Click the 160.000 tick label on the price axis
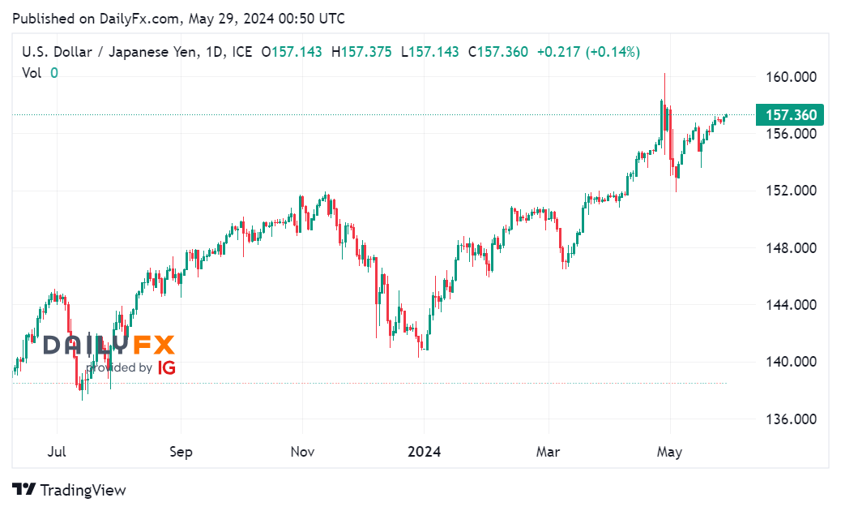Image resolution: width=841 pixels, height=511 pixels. coord(791,77)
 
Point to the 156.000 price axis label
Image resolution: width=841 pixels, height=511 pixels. coord(791,134)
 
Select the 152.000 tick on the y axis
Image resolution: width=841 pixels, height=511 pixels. coord(791,191)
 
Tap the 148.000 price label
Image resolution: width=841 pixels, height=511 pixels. coord(791,248)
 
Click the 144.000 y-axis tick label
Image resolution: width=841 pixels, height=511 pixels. coord(791,305)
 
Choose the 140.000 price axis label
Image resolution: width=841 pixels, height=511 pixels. coord(791,362)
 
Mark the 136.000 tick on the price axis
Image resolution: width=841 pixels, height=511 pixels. coord(791,419)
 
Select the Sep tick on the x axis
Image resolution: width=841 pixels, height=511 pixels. coord(181,452)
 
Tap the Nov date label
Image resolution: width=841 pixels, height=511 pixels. coord(302,452)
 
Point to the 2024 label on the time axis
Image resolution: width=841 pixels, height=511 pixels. coord(425,452)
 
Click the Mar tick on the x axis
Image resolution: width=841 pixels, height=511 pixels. coord(549,452)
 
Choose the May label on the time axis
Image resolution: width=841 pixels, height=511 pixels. coord(670,452)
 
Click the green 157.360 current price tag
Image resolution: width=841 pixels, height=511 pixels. coord(788,115)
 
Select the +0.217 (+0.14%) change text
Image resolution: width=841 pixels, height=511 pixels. coord(587,52)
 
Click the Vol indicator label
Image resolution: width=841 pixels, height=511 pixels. coord(32,73)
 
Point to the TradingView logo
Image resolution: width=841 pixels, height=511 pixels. coord(69,490)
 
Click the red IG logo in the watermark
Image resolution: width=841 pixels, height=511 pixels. coord(167,367)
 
